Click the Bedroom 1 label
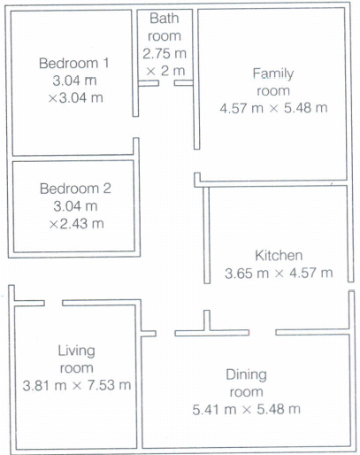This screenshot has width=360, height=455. pyautogui.click(x=73, y=63)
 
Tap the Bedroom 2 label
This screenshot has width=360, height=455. pyautogui.click(x=75, y=189)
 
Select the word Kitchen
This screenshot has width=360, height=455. pyautogui.click(x=279, y=256)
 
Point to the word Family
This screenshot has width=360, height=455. pyautogui.click(x=273, y=73)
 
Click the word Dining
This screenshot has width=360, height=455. pyautogui.click(x=246, y=375)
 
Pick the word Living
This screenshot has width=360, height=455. pyautogui.click(x=76, y=351)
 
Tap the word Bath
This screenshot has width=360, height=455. pyautogui.click(x=165, y=19)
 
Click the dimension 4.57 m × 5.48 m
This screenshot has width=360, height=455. pyautogui.click(x=273, y=108)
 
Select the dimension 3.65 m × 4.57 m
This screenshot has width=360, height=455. pyautogui.click(x=279, y=273)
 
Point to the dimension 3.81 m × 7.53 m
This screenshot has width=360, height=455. pyautogui.click(x=77, y=385)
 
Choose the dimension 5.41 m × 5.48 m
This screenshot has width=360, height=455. pyautogui.click(x=246, y=410)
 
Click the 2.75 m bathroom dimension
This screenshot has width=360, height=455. pyautogui.click(x=165, y=54)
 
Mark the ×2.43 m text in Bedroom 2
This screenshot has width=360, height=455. pyautogui.click(x=76, y=224)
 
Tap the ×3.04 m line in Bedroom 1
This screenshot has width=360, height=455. pyautogui.click(x=75, y=98)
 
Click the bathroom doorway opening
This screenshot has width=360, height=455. pyautogui.click(x=166, y=83)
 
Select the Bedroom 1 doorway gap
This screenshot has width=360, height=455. pyautogui.click(x=135, y=127)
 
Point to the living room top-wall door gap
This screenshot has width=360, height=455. pyautogui.click(x=53, y=303)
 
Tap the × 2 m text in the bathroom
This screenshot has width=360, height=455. pyautogui.click(x=165, y=71)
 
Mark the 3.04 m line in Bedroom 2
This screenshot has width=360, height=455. pyautogui.click(x=75, y=206)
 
